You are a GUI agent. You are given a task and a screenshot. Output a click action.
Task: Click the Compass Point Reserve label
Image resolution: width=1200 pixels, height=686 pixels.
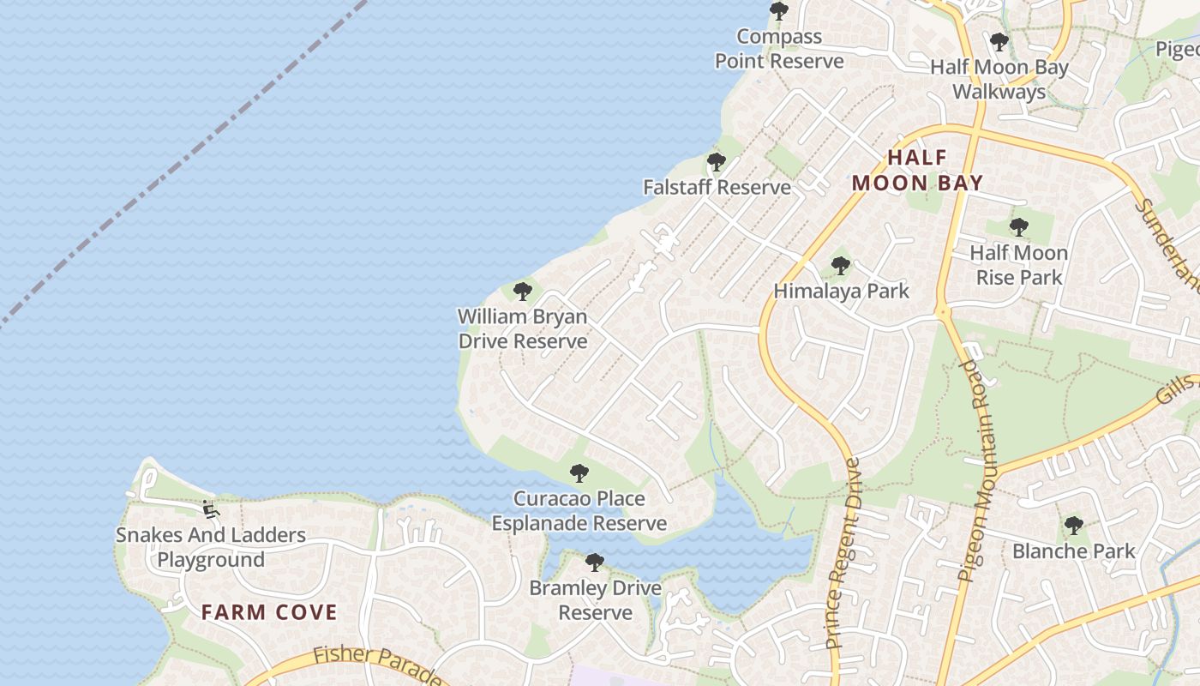779,49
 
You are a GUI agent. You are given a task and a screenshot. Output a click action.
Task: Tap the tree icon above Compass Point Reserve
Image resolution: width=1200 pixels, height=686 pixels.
779,11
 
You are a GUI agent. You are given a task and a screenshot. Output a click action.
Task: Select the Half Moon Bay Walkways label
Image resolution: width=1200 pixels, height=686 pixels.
999,80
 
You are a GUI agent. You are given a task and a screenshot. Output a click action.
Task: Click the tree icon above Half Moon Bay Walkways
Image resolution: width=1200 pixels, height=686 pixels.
999,41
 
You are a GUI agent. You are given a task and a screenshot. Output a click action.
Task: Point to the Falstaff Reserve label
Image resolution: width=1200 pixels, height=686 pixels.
717,187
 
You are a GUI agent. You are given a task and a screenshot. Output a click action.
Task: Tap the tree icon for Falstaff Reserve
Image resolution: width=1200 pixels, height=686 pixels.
717,161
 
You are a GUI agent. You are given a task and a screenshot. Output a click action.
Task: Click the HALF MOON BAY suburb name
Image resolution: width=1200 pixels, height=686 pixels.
917,170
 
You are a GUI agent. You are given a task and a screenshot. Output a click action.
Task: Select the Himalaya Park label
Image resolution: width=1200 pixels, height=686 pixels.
841,291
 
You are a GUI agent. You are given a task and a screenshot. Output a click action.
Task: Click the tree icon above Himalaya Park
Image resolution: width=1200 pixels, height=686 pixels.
841,266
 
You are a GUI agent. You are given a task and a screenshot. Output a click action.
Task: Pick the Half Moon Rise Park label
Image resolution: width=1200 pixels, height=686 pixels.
1018,265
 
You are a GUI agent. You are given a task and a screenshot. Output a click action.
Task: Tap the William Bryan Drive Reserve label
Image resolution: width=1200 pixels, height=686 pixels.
523,328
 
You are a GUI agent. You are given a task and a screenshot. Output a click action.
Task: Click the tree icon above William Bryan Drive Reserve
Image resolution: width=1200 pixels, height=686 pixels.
523,292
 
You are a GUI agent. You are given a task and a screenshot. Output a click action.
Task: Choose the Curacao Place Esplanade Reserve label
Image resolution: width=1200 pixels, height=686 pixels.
579,511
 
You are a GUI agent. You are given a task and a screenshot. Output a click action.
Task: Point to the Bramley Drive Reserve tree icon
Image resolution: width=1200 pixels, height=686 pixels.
595,563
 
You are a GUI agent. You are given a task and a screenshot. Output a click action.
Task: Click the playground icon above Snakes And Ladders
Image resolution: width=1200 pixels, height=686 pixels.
209,509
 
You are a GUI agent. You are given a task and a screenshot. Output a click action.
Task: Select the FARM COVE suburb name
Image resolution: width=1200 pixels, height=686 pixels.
269,612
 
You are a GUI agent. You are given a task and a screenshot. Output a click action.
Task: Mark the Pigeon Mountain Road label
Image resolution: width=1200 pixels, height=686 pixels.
979,471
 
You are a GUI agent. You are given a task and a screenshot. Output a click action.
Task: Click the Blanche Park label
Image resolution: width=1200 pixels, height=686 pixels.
1073,551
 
